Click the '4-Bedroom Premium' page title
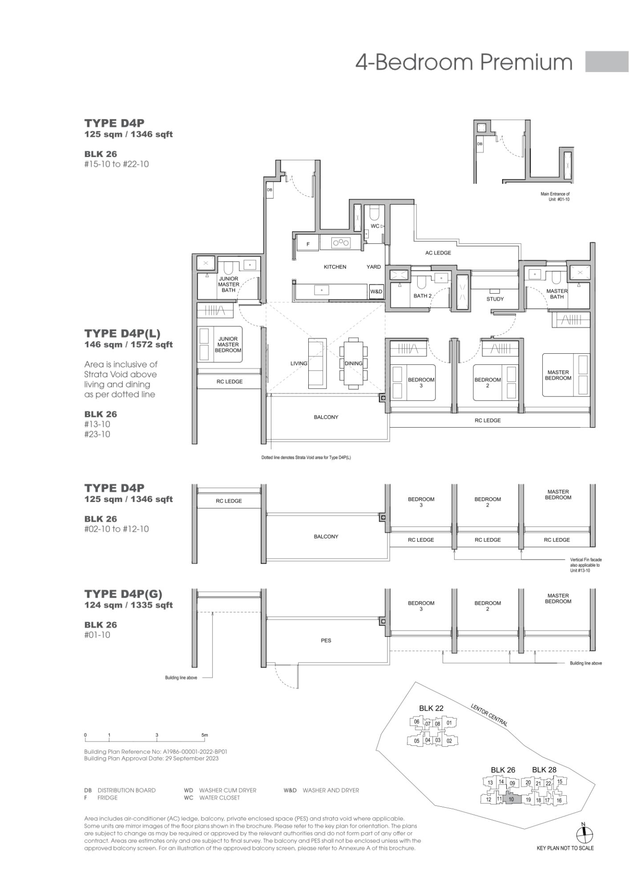point(464,62)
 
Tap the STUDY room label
point(495,299)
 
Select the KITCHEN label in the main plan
point(335,267)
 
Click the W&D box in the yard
point(376,292)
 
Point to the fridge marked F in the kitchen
point(308,244)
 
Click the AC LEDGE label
point(438,253)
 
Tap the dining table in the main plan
point(354,363)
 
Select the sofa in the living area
point(318,362)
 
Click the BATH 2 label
point(423,295)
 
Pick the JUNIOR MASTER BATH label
point(229,284)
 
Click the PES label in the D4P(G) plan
point(326,640)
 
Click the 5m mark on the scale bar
point(205,735)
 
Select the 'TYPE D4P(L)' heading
point(122,333)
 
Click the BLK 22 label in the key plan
point(431,708)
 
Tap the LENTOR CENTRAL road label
point(489,715)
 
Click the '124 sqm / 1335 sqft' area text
point(129,605)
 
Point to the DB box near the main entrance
point(270,190)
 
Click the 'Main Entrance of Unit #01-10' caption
point(555,197)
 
